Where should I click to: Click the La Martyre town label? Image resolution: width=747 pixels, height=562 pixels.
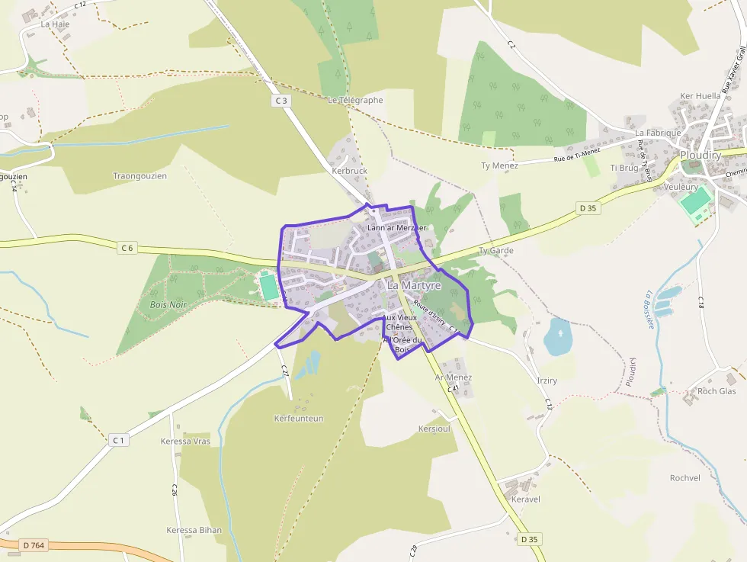click(414, 284)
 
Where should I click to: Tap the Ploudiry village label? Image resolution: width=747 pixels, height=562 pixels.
click(701, 155)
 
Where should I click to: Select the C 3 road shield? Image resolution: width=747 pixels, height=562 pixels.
click(281, 101)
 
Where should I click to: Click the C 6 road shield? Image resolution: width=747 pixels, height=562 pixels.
click(127, 247)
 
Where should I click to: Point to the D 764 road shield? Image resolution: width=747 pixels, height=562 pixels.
click(34, 545)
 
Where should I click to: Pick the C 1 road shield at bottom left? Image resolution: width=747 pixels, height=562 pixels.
click(118, 440)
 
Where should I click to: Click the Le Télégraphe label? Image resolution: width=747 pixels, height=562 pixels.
click(355, 100)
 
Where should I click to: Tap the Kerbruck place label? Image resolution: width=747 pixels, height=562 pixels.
click(349, 172)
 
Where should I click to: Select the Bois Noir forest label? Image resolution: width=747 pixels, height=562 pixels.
click(168, 304)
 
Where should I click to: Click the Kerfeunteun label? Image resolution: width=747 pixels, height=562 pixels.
click(299, 419)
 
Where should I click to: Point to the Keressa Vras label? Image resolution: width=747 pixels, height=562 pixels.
click(185, 442)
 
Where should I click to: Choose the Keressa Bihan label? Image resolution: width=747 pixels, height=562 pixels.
click(194, 530)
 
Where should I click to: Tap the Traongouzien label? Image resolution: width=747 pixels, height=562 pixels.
click(139, 176)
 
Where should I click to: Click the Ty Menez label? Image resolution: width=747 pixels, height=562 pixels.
click(499, 165)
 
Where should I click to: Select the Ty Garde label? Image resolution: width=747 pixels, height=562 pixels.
click(496, 250)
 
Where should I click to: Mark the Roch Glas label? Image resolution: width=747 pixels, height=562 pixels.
click(717, 391)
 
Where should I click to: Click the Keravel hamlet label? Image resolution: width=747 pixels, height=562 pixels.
click(526, 499)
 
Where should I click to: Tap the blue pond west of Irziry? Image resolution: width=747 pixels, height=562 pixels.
click(558, 336)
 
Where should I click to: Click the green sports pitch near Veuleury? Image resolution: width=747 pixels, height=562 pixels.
click(695, 201)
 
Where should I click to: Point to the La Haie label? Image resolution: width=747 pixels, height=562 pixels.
click(55, 24)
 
